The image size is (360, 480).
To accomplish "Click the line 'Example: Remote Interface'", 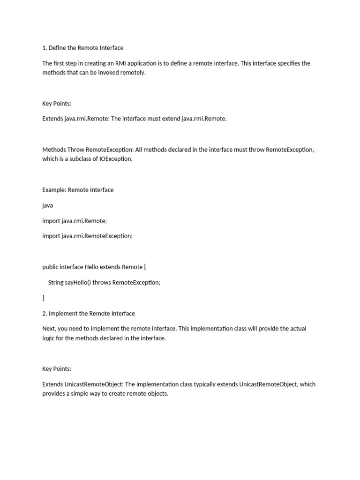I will click(78, 190).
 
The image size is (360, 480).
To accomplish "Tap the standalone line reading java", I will click(47, 205).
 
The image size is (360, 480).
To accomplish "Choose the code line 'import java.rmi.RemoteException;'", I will click(87, 236).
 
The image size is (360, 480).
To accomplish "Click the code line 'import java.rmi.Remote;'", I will click(75, 221).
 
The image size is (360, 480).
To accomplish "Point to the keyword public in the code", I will click(50, 267).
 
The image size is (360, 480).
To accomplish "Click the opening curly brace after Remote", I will click(145, 267).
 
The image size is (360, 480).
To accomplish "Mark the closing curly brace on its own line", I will click(44, 298).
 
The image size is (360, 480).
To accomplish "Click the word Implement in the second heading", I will click(65, 313).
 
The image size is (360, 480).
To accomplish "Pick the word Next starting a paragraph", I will click(49, 329).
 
